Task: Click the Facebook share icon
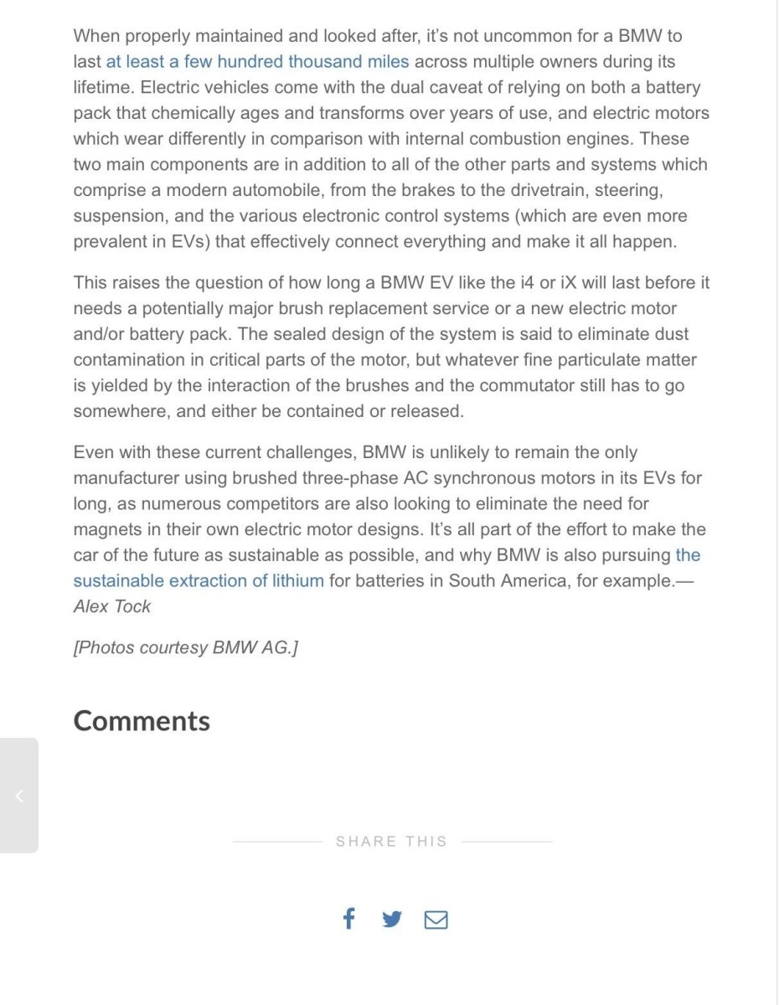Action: tap(348, 919)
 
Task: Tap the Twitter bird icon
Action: tap(391, 920)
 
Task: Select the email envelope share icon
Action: tap(436, 920)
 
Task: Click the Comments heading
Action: tap(142, 721)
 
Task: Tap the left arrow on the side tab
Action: tap(19, 796)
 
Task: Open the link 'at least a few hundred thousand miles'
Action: tap(257, 62)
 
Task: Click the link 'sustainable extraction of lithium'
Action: tap(199, 580)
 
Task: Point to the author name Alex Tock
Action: tap(112, 606)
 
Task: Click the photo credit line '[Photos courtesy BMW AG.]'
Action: tap(185, 647)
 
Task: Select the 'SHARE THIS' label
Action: tap(391, 842)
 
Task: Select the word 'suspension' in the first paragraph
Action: tap(119, 217)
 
